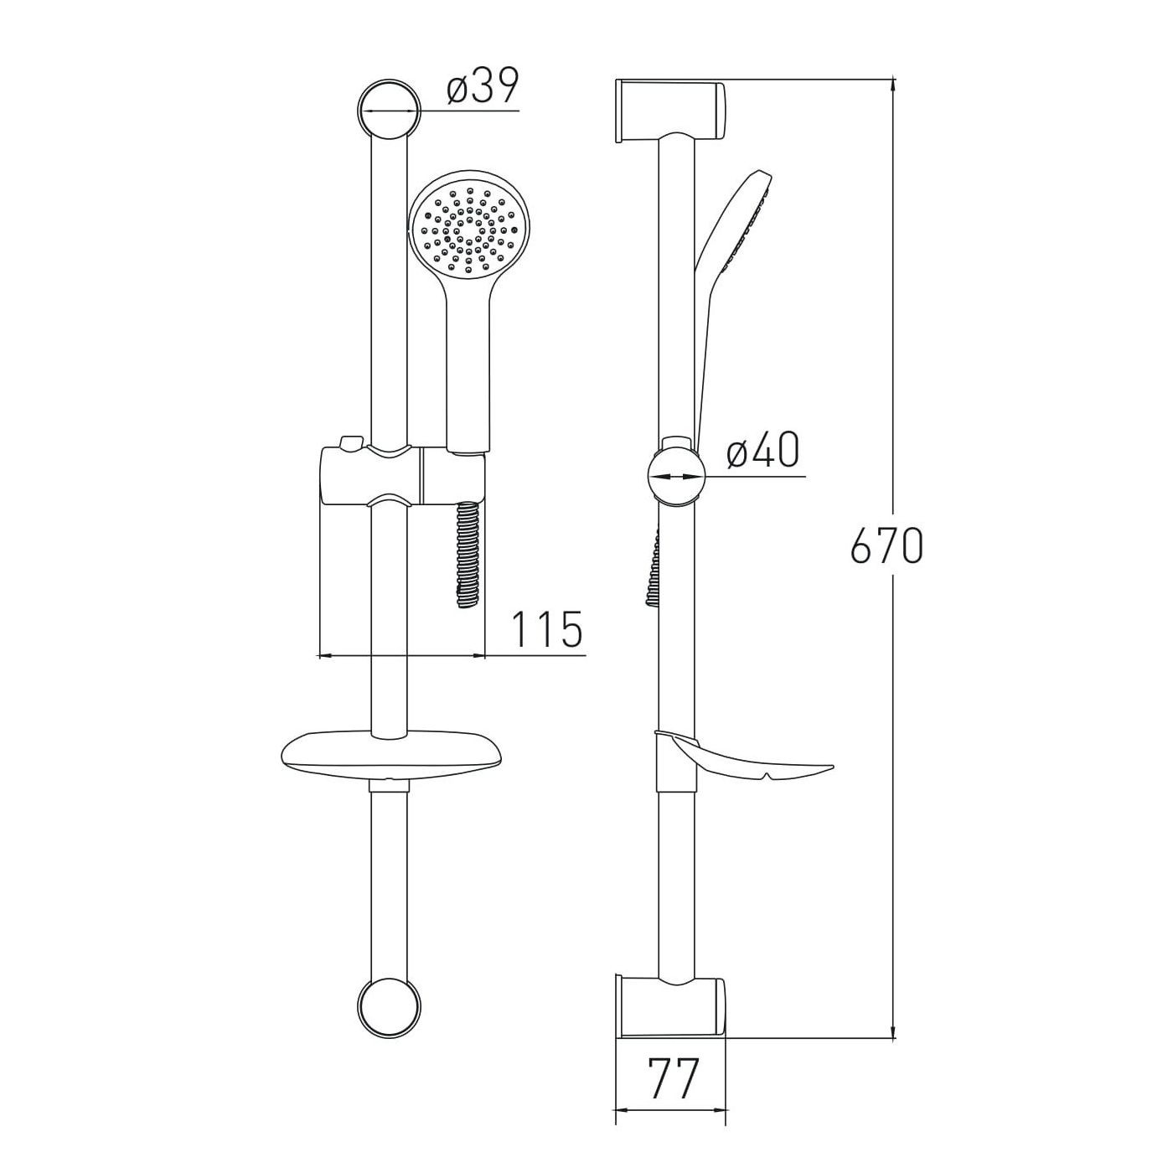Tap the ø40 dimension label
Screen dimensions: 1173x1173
click(x=762, y=451)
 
